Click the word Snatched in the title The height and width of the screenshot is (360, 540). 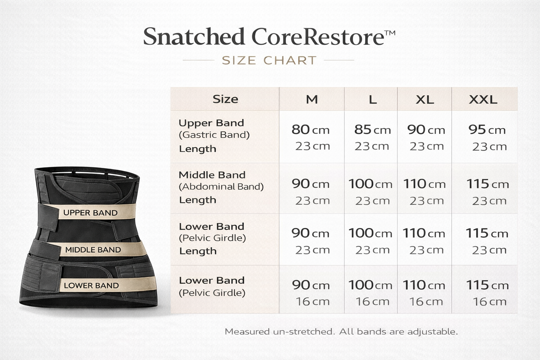click(x=194, y=37)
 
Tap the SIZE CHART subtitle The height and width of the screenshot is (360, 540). click(x=269, y=60)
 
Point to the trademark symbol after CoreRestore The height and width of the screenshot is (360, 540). click(x=389, y=33)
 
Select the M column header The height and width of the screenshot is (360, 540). click(x=312, y=99)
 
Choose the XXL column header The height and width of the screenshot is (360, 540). click(x=483, y=99)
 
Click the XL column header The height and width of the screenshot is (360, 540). click(x=425, y=99)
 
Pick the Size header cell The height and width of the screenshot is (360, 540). click(x=225, y=99)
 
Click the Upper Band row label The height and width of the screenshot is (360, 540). click(x=211, y=123)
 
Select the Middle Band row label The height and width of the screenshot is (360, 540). click(x=212, y=175)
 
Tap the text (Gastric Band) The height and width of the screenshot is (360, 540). click(x=214, y=135)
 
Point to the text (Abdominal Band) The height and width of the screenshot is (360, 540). click(x=221, y=186)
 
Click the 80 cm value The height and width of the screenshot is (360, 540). click(x=310, y=130)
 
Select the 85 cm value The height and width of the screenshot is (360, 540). click(x=372, y=130)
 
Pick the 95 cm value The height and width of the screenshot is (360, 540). click(x=487, y=130)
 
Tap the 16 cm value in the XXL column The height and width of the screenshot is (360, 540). click(x=490, y=301)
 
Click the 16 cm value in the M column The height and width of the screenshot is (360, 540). click(x=312, y=301)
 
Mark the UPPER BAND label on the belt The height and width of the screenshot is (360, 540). click(x=90, y=213)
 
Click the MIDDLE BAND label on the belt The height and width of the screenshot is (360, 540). click(x=93, y=250)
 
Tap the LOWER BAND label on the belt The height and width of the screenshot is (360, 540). click(x=91, y=286)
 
